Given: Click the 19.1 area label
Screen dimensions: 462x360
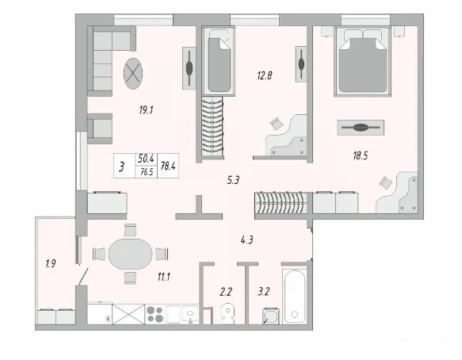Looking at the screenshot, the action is tap(146, 110).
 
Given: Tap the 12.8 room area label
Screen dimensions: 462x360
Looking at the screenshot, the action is tap(265, 75).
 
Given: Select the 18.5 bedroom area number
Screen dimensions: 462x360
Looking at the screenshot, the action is tap(361, 155).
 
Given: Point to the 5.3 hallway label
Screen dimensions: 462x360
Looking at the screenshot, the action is tap(233, 180).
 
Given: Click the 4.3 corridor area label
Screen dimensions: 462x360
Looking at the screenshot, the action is tap(247, 240).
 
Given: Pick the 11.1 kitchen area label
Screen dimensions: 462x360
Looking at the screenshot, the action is tap(163, 277).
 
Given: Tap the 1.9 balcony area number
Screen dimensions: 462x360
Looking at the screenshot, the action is tap(51, 263).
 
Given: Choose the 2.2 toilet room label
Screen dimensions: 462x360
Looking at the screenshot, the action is tap(226, 292).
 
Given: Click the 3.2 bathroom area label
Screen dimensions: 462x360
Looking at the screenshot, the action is tap(263, 292).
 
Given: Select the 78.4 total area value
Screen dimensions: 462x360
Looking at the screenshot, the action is tap(168, 166).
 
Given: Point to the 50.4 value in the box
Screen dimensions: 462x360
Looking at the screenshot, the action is tap(146, 159).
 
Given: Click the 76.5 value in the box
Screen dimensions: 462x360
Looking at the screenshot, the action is tap(147, 172).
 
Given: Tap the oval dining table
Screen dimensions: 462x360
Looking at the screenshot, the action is tap(130, 254).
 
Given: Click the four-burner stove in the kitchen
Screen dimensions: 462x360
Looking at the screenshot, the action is tap(155, 314).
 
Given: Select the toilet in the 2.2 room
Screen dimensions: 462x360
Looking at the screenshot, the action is tap(227, 314).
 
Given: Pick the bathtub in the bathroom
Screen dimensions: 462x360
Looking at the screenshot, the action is tap(295, 297).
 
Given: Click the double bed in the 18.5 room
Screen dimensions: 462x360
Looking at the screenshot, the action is tap(363, 61).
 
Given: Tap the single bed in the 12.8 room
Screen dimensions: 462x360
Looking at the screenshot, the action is tap(219, 61).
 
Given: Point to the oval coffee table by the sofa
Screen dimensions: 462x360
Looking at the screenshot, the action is tap(133, 73).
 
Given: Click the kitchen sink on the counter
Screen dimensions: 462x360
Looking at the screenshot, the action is tap(190, 315).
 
